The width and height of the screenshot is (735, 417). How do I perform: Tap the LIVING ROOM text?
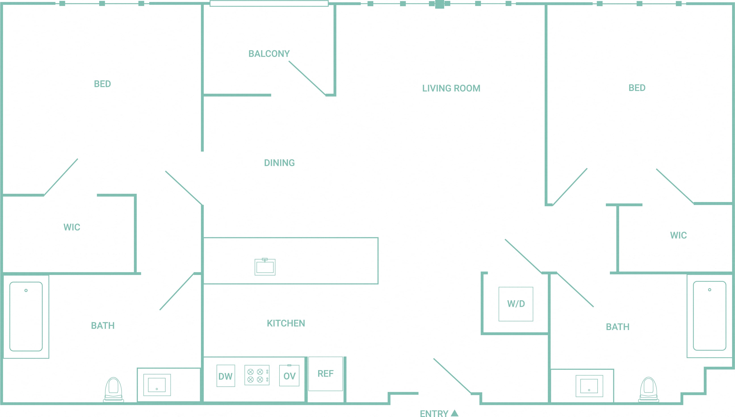click(x=451, y=88)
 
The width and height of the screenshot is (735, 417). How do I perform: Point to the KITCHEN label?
click(x=286, y=323)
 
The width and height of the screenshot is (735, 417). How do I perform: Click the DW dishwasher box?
click(x=226, y=376)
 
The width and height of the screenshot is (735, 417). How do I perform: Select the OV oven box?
click(x=289, y=376)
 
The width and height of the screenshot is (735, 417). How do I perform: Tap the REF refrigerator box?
click(x=326, y=374)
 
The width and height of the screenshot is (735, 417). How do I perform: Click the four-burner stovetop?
click(x=257, y=375)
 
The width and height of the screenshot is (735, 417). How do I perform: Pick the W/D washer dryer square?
click(x=516, y=304)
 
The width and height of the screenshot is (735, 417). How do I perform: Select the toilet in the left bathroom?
click(x=114, y=390)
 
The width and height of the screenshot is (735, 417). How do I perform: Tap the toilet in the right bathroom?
click(x=648, y=390)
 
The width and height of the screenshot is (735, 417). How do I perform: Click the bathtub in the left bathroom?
click(x=26, y=316)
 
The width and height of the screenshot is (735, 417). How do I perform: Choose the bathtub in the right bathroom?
click(x=710, y=316)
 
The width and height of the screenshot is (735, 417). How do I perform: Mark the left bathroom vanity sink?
click(x=157, y=385)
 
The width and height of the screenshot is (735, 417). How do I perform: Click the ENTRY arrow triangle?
click(x=455, y=413)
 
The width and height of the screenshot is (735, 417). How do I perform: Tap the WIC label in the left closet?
click(x=72, y=227)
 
